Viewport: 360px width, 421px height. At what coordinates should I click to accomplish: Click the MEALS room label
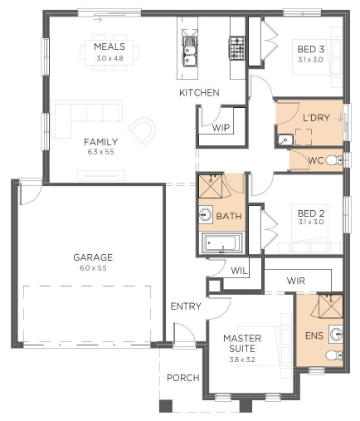point(109,47)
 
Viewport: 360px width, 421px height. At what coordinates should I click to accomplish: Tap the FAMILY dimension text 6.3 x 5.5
point(100,152)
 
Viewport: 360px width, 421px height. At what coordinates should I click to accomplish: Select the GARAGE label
point(93,257)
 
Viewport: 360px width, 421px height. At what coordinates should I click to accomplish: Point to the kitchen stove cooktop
point(236,48)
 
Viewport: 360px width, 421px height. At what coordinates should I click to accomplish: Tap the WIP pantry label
point(221,128)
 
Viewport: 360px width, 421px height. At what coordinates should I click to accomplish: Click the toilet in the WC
point(334,160)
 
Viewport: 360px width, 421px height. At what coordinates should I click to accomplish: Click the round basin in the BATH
point(205,214)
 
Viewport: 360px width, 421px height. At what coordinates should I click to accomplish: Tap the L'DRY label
point(316,118)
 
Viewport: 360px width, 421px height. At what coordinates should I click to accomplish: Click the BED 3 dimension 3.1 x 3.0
point(310,60)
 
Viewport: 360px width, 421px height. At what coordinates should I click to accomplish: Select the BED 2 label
point(311,213)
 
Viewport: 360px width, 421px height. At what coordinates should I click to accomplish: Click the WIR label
point(296,281)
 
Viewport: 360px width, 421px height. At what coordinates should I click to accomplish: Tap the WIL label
point(239,271)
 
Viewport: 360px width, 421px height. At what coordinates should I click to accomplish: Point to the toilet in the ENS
point(334,355)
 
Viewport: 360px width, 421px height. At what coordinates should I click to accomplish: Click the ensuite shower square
point(331,306)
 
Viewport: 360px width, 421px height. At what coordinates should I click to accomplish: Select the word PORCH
point(183,378)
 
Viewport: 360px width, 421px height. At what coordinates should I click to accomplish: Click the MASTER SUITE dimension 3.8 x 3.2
point(242,360)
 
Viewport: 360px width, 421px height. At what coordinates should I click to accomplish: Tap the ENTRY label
point(186,306)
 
